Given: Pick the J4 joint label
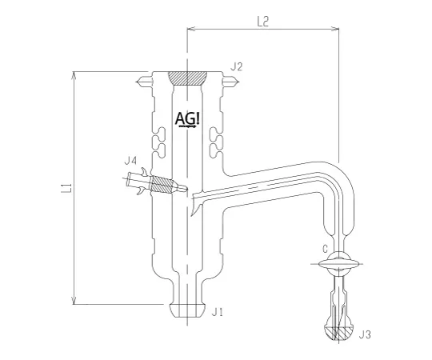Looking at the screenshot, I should click(x=130, y=161).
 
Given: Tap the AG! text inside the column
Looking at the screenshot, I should click(x=189, y=119).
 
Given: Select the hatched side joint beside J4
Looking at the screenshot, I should click(x=164, y=186).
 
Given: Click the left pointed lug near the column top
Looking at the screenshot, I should click(x=143, y=82).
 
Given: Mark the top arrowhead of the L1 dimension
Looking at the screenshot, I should click(x=75, y=75).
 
